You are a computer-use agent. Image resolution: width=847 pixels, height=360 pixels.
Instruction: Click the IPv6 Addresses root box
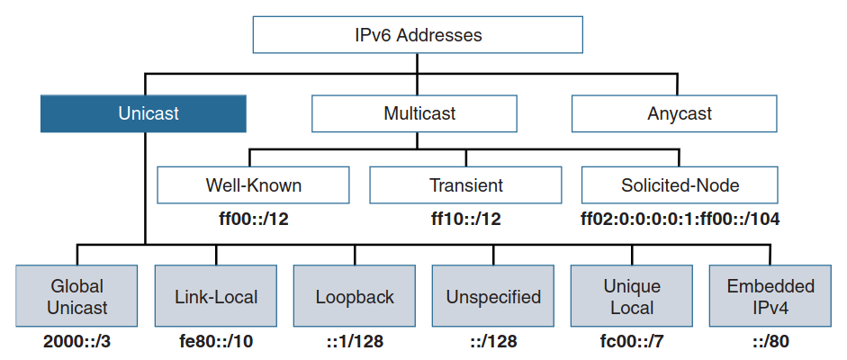pyautogui.click(x=418, y=36)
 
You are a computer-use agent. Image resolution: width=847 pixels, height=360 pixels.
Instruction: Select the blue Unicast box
pyautogui.click(x=143, y=114)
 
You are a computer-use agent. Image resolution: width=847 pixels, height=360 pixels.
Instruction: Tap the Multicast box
pyautogui.click(x=414, y=114)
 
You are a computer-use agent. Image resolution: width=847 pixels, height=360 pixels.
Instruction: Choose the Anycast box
pyautogui.click(x=674, y=114)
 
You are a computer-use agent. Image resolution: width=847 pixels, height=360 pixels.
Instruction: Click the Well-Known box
pyautogui.click(x=253, y=185)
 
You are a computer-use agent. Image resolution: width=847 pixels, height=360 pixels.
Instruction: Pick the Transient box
pyautogui.click(x=465, y=185)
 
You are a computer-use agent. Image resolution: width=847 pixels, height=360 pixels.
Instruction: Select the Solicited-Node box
pyautogui.click(x=680, y=185)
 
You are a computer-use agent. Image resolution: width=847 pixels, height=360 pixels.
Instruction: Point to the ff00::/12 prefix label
pyautogui.click(x=253, y=217)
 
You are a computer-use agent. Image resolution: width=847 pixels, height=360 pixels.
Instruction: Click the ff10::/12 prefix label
pyautogui.click(x=465, y=217)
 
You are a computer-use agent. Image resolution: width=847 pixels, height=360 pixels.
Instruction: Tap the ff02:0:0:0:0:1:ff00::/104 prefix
pyautogui.click(x=680, y=217)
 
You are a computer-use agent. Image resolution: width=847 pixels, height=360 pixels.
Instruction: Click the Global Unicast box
pyautogui.click(x=77, y=296)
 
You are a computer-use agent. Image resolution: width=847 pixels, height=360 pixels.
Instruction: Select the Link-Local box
pyautogui.click(x=215, y=296)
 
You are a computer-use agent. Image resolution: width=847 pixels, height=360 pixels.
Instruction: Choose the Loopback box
pyautogui.click(x=354, y=296)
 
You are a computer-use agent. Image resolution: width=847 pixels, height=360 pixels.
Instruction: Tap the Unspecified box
pyautogui.click(x=493, y=296)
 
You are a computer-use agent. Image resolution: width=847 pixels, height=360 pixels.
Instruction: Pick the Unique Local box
pyautogui.click(x=632, y=296)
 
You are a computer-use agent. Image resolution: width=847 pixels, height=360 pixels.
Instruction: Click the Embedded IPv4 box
pyautogui.click(x=770, y=296)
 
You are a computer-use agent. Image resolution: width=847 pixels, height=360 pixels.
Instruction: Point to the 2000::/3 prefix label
pyautogui.click(x=77, y=342)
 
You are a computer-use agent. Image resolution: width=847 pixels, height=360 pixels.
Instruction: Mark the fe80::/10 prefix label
pyautogui.click(x=215, y=342)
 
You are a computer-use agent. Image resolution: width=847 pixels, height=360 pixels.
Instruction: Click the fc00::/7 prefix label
pyautogui.click(x=632, y=342)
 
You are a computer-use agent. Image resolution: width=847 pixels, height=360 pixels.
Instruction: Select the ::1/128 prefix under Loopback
pyautogui.click(x=354, y=342)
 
